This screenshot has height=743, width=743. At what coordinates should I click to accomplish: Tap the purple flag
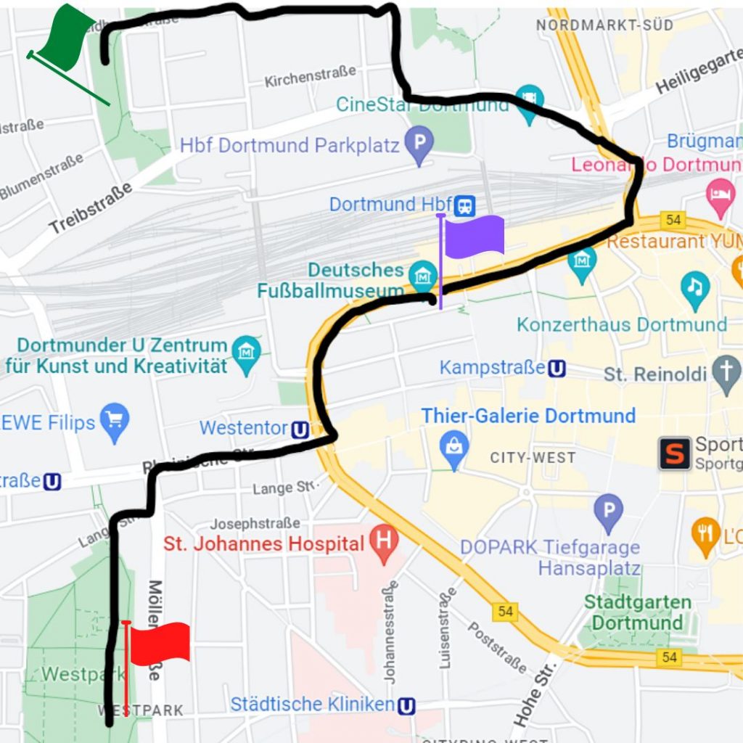tap(474, 237)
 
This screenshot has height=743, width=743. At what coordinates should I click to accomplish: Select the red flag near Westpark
tap(160, 642)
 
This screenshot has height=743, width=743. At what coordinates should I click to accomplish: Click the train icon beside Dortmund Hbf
tap(465, 205)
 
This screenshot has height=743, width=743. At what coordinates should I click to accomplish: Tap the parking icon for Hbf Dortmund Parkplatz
tap(419, 144)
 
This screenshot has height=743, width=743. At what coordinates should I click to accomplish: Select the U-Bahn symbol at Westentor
tap(300, 430)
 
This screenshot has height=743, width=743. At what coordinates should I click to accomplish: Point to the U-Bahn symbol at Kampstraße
tap(557, 369)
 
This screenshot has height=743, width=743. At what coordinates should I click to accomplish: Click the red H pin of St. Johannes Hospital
tap(383, 543)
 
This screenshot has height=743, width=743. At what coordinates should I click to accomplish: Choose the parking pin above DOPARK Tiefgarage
tap(608, 511)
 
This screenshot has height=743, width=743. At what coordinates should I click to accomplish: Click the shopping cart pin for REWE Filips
tap(115, 421)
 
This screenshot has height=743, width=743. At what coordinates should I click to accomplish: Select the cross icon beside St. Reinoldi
tap(726, 373)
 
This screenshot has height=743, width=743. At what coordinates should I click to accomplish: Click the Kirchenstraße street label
tap(310, 76)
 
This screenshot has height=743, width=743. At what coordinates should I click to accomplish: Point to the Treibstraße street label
tap(91, 208)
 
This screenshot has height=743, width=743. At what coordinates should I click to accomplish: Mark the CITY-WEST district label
tap(533, 458)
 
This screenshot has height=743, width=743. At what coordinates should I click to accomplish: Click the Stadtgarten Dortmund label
tap(637, 612)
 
